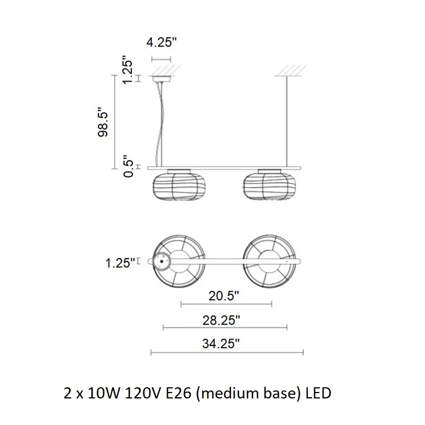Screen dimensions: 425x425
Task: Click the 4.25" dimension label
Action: point(161,42)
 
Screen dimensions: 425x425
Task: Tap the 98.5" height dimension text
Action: point(103,122)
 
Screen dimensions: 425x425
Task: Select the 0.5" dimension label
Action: point(129,166)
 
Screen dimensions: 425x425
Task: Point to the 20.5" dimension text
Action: point(224,296)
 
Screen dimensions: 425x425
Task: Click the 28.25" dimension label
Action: point(221,320)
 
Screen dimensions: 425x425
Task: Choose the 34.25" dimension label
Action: point(221,344)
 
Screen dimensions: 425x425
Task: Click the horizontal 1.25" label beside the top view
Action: point(120,263)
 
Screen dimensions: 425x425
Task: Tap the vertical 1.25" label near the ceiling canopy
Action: point(127,70)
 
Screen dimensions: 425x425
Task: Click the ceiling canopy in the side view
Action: point(161,79)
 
